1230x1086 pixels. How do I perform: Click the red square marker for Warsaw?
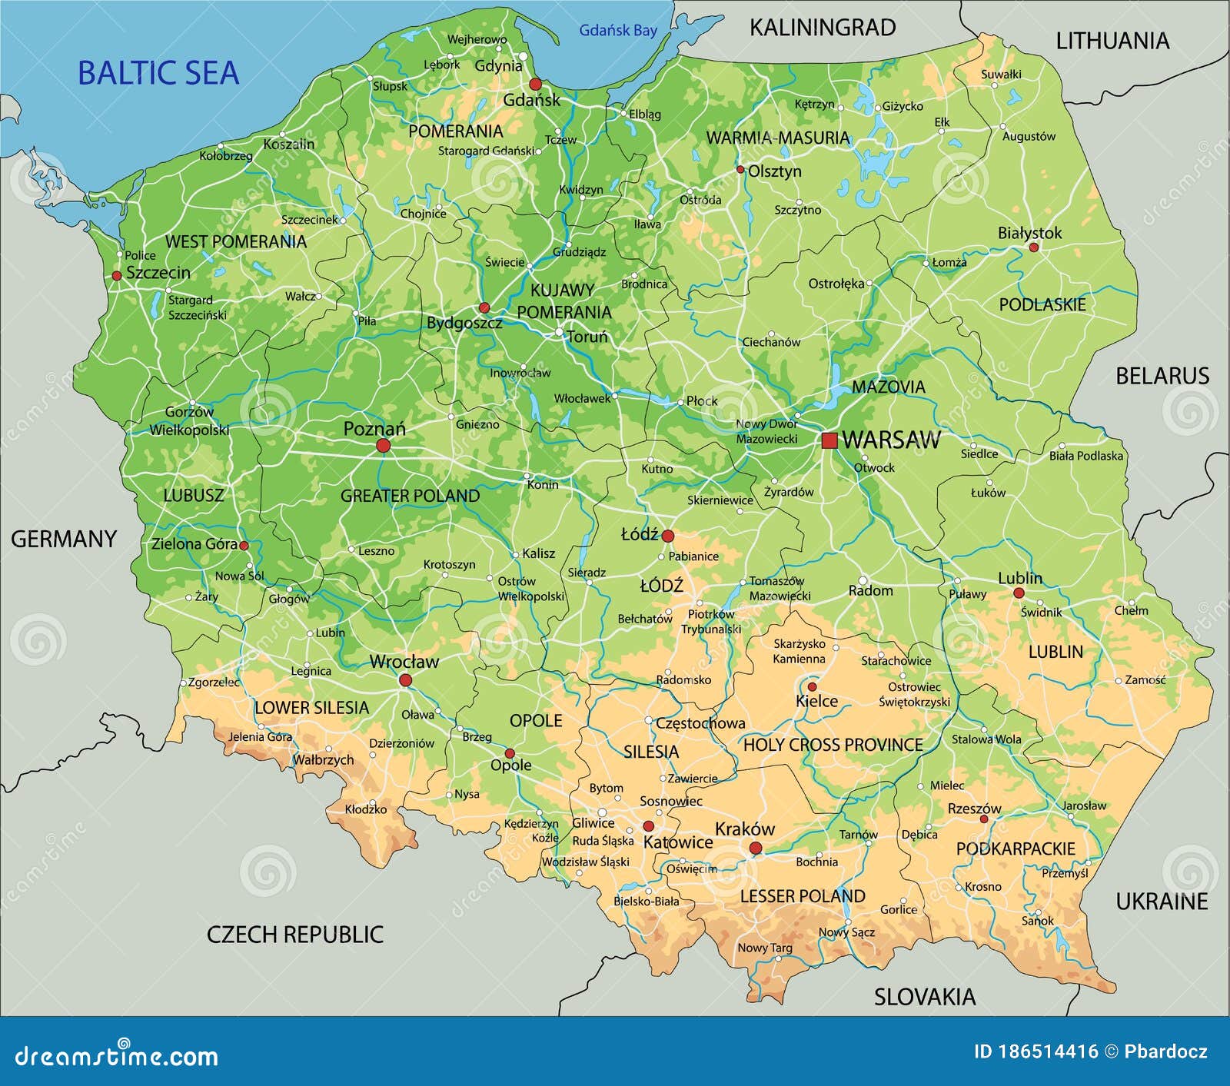point(829,440)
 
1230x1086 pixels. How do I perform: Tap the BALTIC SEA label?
point(158,73)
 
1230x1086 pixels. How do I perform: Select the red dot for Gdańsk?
point(535,84)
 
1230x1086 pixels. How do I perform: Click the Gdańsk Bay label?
point(618,31)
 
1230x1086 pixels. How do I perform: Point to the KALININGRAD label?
point(822,28)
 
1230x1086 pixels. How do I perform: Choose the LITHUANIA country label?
point(1112,41)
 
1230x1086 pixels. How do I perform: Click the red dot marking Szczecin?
point(117,275)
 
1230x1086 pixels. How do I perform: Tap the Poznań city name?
point(374,429)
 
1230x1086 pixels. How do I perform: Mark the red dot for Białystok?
point(1033,247)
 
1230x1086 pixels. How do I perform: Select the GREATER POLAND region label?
point(410,496)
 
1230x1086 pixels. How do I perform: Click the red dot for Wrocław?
point(405,679)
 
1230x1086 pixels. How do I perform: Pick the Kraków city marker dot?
point(755,848)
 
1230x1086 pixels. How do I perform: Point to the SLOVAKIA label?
point(924,997)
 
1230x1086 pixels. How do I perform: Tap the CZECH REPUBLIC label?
point(294,934)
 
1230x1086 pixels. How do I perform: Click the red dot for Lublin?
point(1018,593)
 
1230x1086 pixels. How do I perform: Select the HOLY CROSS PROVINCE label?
point(833,744)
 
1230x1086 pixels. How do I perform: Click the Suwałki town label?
point(1001,75)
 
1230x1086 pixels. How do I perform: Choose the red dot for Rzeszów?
point(983,819)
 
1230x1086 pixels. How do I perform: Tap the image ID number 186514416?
point(1048,1052)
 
